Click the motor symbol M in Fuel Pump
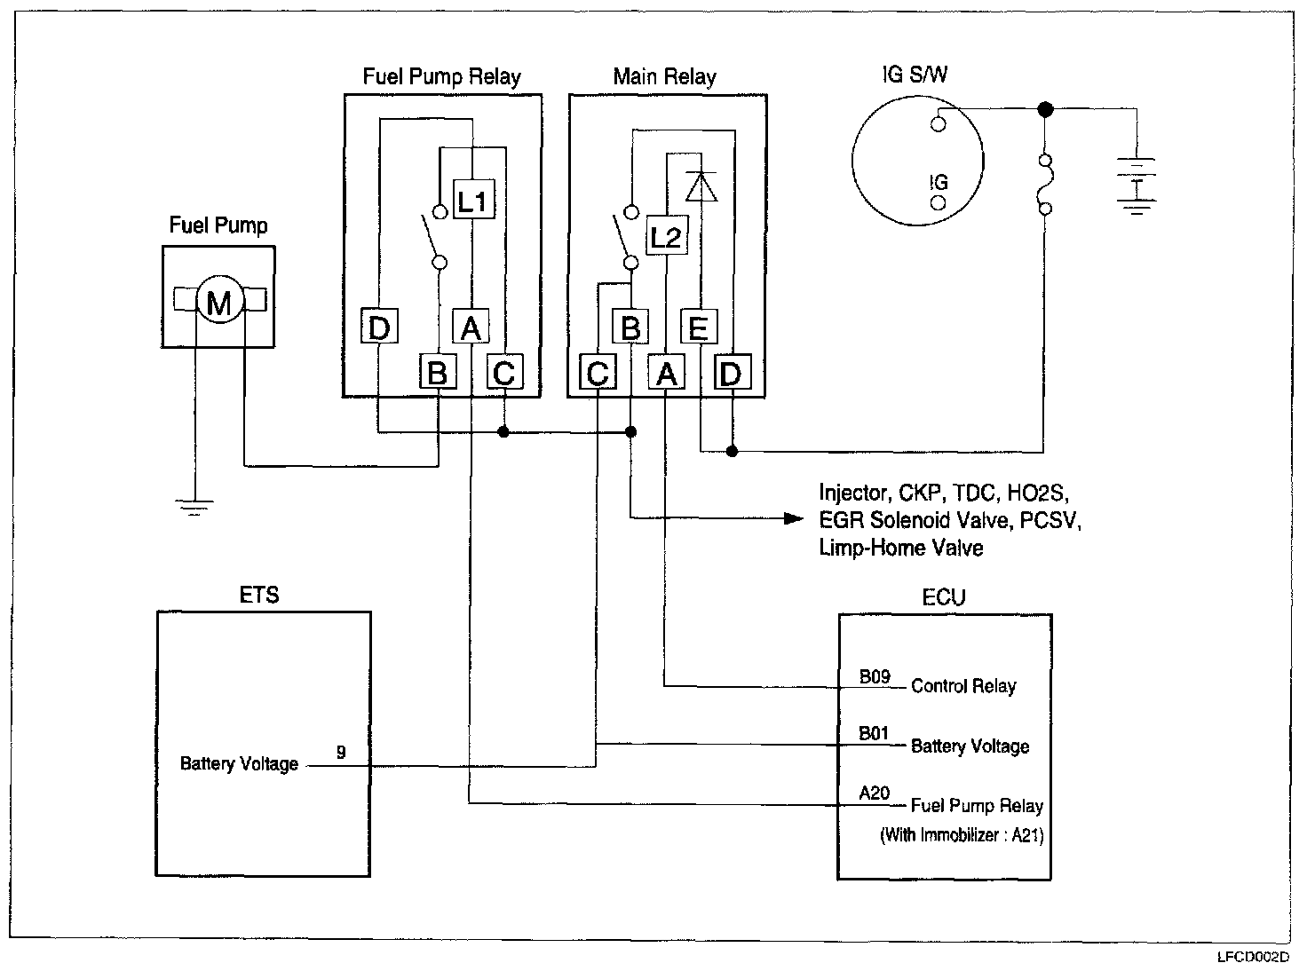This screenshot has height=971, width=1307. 218,303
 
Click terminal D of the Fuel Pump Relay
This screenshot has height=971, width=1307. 379,328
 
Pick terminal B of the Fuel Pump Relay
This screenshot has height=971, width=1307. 437,373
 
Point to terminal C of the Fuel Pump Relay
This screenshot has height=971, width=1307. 503,373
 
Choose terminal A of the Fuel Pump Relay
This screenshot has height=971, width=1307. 471,328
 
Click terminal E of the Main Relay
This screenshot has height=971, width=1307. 698,328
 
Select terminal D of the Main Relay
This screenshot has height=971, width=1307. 731,374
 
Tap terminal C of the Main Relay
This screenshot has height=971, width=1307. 598,374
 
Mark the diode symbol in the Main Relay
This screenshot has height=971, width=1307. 701,186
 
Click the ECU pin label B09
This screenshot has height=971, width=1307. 874,677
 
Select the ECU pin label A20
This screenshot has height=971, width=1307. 874,793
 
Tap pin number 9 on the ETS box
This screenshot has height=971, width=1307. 341,753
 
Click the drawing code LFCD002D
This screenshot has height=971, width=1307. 1254,958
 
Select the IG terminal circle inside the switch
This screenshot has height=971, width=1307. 938,203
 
